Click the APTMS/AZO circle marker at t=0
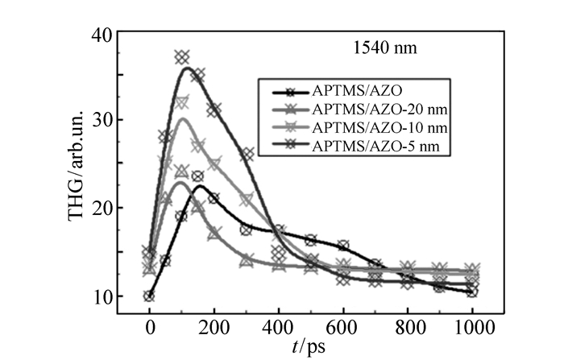[149, 296]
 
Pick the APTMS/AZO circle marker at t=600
[342, 246]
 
